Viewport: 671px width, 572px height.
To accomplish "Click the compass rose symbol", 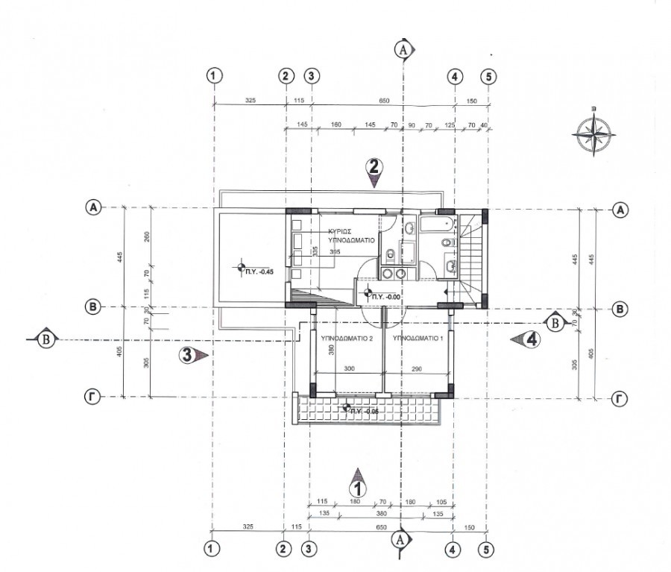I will pos(594,135).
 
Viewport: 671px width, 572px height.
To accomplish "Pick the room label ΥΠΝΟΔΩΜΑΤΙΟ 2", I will pos(346,338).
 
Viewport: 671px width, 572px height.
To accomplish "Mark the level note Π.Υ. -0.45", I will pos(260,271).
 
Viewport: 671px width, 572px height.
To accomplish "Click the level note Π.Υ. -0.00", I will pos(387,297).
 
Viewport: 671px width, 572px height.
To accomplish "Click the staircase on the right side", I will pos(470,257).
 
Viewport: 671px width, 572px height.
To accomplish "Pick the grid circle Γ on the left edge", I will pos(93,398).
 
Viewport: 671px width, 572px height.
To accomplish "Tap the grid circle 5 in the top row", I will pos(488,76).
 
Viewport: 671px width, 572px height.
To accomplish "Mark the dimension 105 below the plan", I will pos(441,501).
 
